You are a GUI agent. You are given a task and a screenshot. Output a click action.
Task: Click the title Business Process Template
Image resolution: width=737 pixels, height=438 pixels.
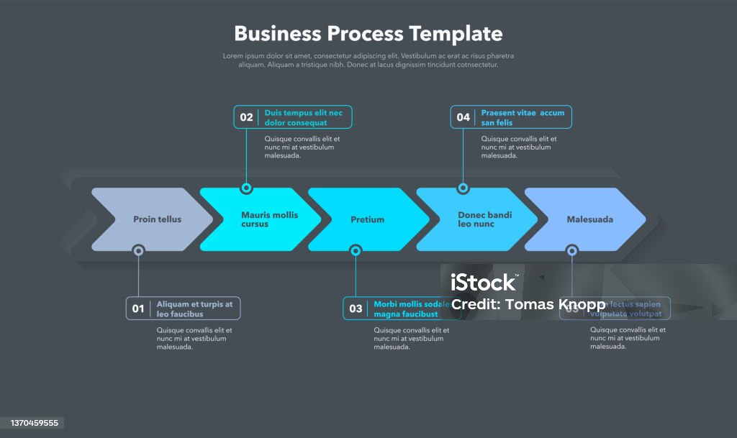tap(368, 34)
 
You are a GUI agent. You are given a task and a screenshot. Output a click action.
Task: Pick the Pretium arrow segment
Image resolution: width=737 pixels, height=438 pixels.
tap(368, 219)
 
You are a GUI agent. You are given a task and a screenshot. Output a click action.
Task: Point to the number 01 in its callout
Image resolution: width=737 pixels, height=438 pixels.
tap(138, 309)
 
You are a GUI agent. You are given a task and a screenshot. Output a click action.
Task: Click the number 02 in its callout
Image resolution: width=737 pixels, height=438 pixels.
tap(246, 117)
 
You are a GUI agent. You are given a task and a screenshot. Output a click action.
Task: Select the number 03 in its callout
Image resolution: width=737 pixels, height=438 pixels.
tap(356, 309)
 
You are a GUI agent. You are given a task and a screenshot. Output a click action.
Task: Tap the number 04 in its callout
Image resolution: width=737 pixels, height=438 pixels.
tap(463, 117)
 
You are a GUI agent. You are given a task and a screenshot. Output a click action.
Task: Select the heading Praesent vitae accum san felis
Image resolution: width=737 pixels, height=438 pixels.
tap(523, 117)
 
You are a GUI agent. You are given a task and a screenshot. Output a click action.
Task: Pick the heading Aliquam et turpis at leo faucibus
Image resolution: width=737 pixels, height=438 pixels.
tap(194, 309)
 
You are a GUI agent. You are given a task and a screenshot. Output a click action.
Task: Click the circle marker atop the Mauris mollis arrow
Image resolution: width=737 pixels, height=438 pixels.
tap(246, 188)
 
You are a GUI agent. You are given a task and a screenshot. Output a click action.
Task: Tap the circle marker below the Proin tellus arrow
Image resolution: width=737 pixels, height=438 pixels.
tap(138, 250)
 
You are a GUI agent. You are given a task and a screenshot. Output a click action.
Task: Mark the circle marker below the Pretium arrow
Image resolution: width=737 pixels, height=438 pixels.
tap(356, 250)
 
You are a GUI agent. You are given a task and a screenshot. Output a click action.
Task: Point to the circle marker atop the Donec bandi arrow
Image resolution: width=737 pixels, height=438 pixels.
tap(463, 188)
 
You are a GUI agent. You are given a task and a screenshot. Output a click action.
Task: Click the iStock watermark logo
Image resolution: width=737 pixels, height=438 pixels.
tap(483, 282)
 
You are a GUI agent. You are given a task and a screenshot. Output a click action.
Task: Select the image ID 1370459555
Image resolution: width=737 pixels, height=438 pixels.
tap(32, 423)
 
